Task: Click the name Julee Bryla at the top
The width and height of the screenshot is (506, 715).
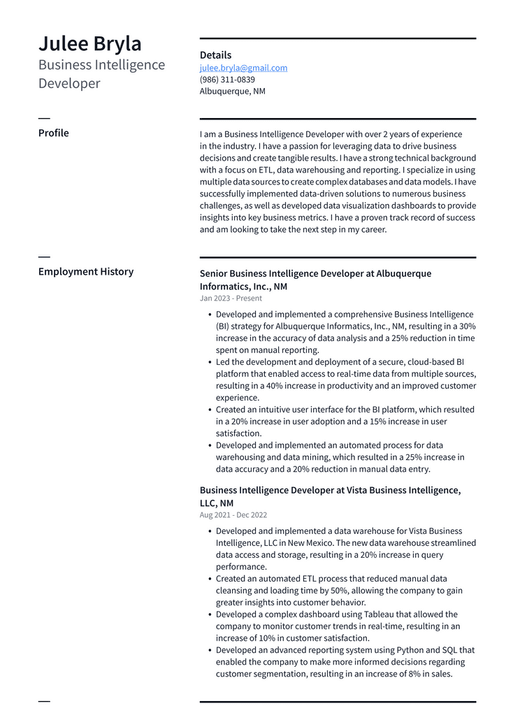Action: pos(89,43)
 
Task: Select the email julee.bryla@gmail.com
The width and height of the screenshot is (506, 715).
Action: pos(243,68)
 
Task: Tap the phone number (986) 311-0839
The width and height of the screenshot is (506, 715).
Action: pos(227,80)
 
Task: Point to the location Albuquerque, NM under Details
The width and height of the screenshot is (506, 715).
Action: pos(232,91)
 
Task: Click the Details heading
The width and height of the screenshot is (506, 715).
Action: pos(215,55)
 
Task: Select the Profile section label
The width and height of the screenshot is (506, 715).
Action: pos(53,133)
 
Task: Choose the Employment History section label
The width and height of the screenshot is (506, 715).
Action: pos(85,271)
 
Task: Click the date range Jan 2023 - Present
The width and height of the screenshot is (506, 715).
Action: pos(231,298)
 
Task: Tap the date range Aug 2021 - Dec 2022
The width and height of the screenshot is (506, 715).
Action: pos(233,514)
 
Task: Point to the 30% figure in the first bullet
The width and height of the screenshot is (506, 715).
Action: pos(468,326)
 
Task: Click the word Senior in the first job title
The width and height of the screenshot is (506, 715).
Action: pos(213,273)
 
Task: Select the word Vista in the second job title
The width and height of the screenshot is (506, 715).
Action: pos(349,490)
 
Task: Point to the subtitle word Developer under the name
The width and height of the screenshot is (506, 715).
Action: pos(69,84)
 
